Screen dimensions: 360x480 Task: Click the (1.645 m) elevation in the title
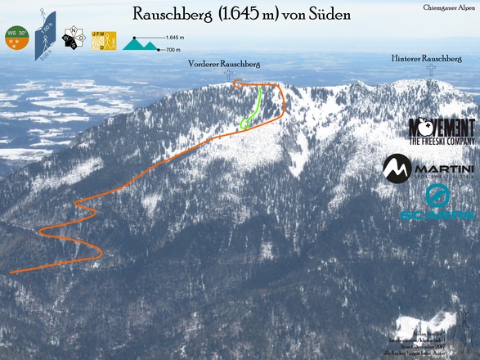(x=246, y=15)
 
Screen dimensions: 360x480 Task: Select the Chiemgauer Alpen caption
(x=449, y=7)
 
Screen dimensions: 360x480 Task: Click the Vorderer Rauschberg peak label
(x=224, y=63)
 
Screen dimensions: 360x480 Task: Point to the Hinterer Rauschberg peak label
(x=427, y=59)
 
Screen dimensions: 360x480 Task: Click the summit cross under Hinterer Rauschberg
(x=432, y=70)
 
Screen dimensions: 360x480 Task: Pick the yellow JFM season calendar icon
(x=104, y=40)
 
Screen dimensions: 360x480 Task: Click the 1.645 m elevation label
(x=174, y=38)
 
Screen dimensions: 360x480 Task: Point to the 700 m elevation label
(x=172, y=50)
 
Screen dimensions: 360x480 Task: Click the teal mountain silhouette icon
(x=140, y=44)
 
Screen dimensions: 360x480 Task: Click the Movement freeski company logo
(x=442, y=132)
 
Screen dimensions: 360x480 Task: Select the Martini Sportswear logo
(x=428, y=169)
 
